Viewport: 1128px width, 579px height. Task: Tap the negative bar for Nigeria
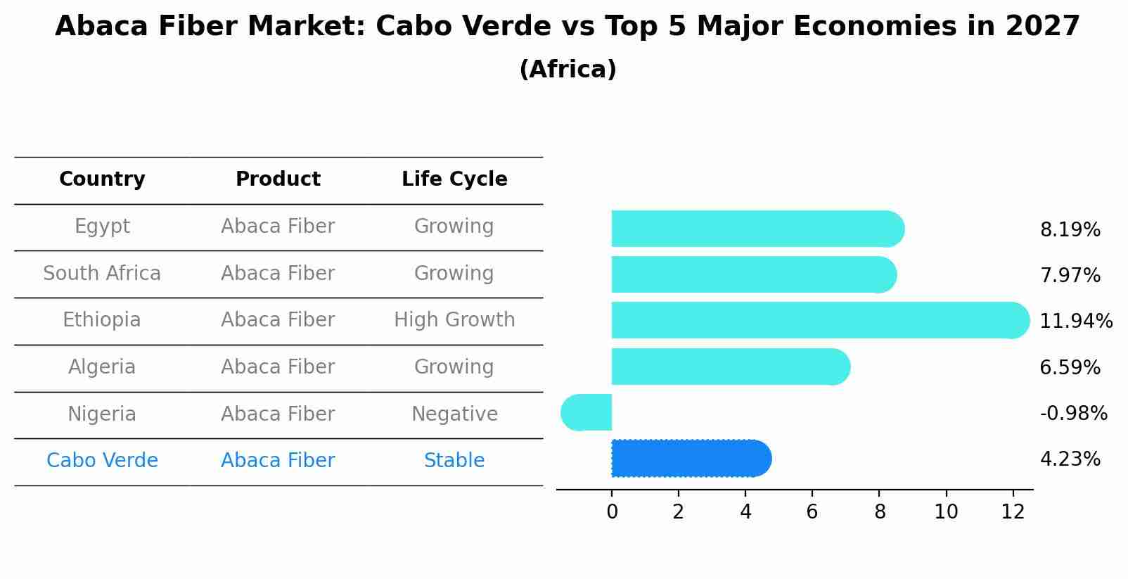coord(587,412)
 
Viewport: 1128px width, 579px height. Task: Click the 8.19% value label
coord(1070,230)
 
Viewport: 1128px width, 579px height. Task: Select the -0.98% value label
coord(1073,414)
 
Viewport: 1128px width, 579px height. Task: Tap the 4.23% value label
coord(1070,459)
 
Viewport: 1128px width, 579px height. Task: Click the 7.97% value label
coord(1070,276)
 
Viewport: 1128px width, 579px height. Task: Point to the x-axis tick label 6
coord(812,512)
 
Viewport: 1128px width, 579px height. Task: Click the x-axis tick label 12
coord(1013,512)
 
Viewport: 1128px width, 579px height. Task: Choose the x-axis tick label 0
coord(612,512)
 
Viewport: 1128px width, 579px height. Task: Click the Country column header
coord(102,179)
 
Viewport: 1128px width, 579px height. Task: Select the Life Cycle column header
coord(454,179)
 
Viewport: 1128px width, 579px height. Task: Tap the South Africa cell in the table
coord(102,274)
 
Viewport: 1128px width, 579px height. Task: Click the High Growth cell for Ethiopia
coord(454,320)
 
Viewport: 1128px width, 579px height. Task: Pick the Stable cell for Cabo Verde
coord(454,461)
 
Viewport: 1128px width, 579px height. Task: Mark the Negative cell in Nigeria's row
coord(454,414)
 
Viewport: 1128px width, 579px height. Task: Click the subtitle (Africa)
coord(568,70)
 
